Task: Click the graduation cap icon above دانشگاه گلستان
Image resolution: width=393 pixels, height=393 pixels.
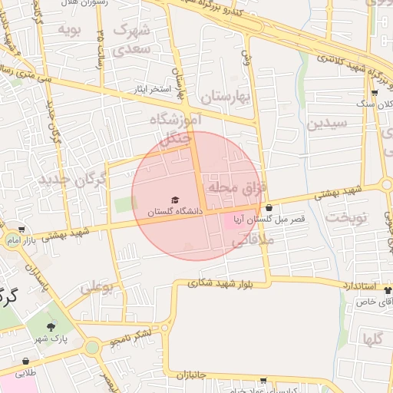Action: (174, 200)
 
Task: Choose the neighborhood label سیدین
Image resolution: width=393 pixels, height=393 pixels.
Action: (328, 123)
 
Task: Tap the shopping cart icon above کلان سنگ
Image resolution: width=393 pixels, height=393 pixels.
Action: (374, 93)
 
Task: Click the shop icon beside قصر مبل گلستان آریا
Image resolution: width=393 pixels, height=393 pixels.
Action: (269, 207)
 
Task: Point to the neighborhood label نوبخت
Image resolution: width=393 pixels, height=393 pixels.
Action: (348, 218)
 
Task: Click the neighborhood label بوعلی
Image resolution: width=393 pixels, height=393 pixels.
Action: (97, 288)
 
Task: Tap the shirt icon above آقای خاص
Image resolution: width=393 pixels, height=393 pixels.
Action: (388, 291)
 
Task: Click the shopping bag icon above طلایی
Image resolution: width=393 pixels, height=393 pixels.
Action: (26, 361)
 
